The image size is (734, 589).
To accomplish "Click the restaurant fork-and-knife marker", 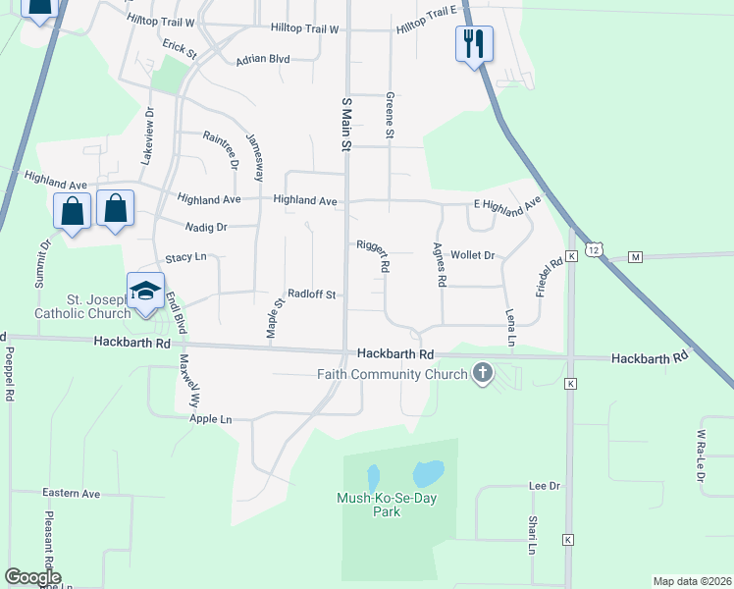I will (474, 43).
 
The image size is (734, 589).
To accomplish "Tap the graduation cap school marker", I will (145, 292).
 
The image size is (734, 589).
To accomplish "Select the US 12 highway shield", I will (594, 250).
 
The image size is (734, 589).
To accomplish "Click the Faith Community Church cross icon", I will (482, 373).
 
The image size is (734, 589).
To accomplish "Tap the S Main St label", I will (345, 125).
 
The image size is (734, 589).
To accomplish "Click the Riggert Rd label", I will (374, 254).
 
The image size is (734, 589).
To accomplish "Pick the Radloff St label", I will (312, 294).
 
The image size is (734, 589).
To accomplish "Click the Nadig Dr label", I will (206, 227).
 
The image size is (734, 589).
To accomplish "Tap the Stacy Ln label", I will (185, 257).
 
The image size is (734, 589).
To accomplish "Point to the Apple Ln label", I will (211, 419).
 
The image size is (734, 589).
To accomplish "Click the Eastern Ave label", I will (71, 493).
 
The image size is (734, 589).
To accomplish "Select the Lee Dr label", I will (544, 486).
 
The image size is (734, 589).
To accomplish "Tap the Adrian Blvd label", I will (263, 59).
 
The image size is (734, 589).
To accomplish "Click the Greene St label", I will (390, 115).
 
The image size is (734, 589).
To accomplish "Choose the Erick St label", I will (181, 47).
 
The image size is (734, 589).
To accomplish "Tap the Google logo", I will (32, 577).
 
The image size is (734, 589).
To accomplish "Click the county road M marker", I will (635, 257).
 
